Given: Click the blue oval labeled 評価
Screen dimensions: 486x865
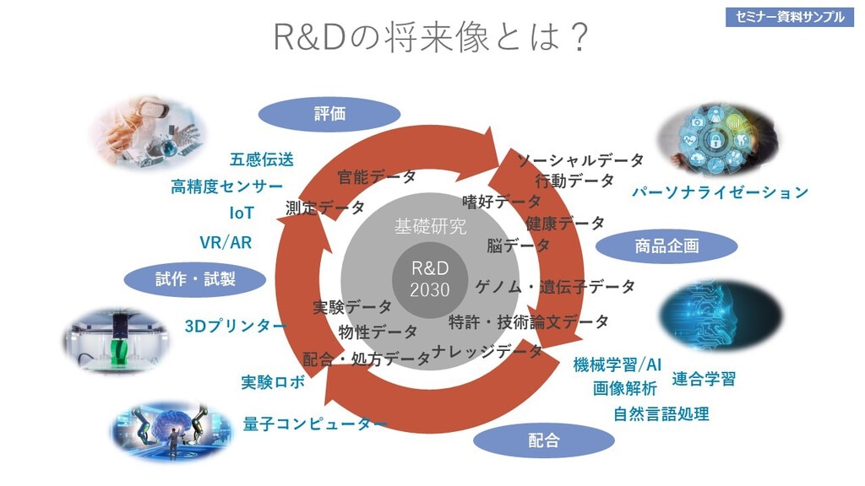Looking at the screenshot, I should tap(329, 114).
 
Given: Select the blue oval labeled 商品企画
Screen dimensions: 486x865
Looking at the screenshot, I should tap(666, 246).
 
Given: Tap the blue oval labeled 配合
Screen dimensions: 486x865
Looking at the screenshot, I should tap(543, 440).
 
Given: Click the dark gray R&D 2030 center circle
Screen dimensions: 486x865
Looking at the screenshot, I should tap(429, 278).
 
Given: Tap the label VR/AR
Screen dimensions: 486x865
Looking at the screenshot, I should tap(226, 243).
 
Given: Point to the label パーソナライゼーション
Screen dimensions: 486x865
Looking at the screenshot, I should tap(720, 192).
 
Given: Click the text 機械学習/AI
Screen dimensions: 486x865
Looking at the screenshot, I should tap(617, 364).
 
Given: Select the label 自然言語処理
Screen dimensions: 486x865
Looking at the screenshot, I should tap(661, 413).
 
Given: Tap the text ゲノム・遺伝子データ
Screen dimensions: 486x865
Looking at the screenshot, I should tap(555, 287).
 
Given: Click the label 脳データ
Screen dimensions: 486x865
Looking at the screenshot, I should tap(518, 246).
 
